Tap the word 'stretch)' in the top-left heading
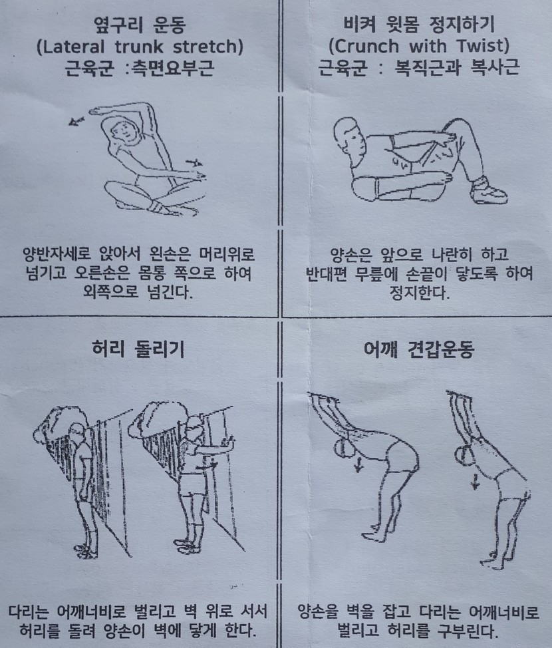click(207, 47)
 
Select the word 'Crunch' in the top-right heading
click(364, 46)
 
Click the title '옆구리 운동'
click(140, 25)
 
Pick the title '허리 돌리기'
click(138, 349)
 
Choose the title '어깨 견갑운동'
click(418, 349)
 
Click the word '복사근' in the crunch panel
click(495, 67)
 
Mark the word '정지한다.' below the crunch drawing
click(419, 293)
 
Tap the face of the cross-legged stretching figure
click(123, 131)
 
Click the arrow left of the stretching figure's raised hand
click(77, 120)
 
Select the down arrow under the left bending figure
click(358, 464)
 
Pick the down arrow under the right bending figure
click(476, 481)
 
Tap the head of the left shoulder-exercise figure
click(343, 448)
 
